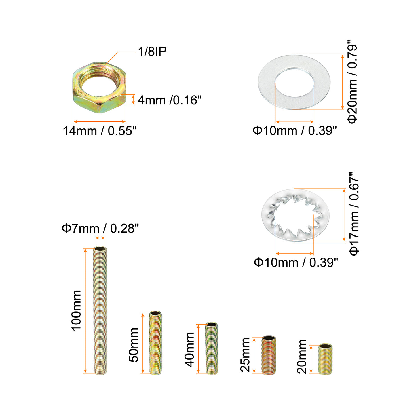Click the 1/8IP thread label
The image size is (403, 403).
coord(152,51)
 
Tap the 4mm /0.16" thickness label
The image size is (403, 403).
coord(169,100)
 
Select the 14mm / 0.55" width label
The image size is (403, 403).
coord(100,131)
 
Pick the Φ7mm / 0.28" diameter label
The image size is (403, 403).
coord(100,228)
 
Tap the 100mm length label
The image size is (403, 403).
coord(76,310)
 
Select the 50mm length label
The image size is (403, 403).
coord(134,345)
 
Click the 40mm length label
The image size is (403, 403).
coord(189,349)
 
